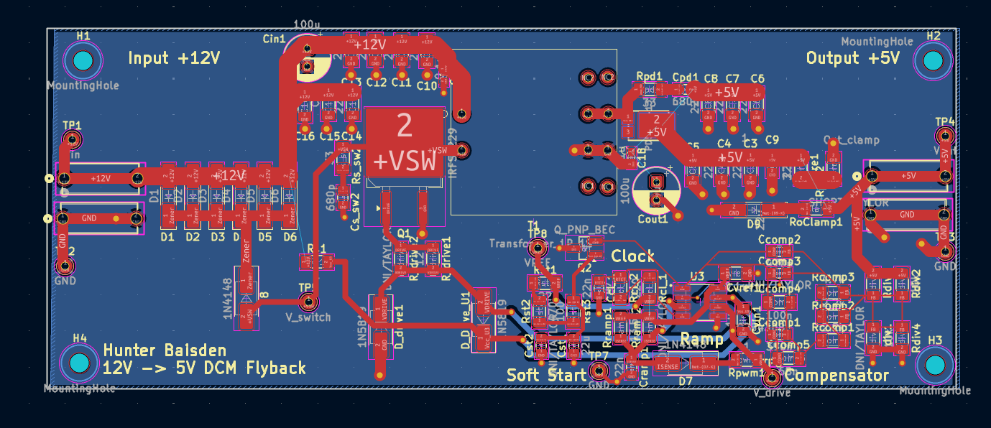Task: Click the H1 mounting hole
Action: click(83, 61)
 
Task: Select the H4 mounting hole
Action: click(79, 363)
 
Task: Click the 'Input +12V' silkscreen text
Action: click(174, 59)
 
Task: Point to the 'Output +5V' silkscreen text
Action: click(852, 59)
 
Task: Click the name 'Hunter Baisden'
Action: click(165, 351)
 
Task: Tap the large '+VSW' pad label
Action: click(405, 162)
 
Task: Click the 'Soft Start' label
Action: click(545, 375)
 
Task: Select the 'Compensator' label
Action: click(836, 376)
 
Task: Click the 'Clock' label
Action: click(632, 256)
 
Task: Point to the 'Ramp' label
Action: click(701, 338)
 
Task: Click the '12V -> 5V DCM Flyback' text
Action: click(204, 368)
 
